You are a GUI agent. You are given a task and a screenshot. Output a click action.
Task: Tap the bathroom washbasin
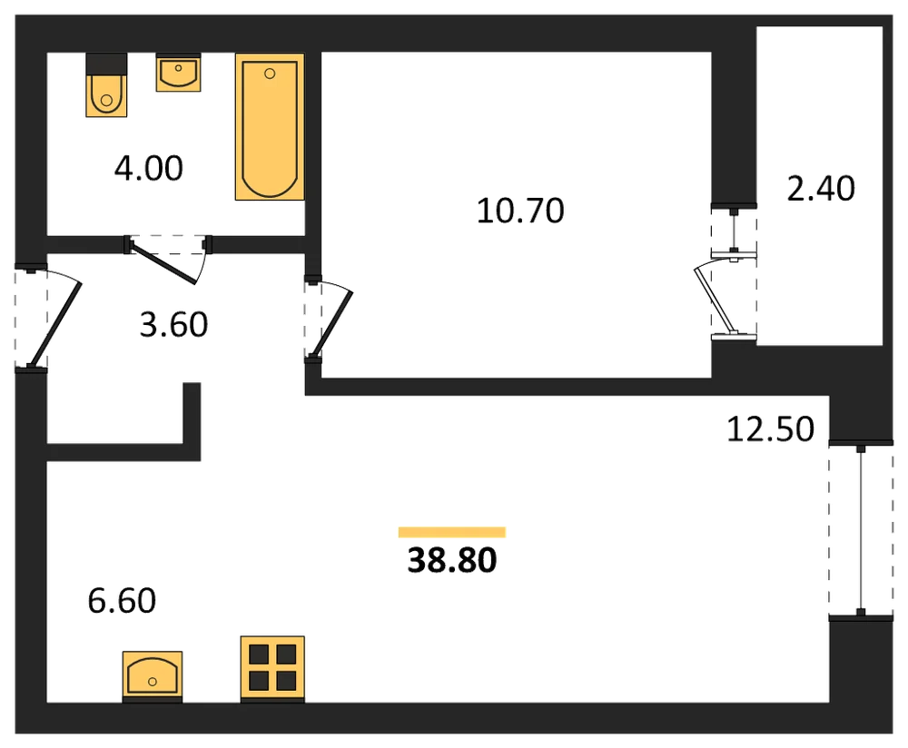(178, 73)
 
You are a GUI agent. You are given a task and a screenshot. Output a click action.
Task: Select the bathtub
(270, 127)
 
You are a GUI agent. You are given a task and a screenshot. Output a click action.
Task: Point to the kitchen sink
(153, 674)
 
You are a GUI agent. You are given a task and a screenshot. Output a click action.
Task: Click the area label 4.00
(149, 169)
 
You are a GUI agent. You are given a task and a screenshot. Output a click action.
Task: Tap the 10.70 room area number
(520, 211)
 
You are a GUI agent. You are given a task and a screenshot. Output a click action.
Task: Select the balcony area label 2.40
(821, 189)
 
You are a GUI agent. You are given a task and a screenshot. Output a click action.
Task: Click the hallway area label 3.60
(173, 325)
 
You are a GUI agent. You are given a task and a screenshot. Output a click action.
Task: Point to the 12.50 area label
(770, 429)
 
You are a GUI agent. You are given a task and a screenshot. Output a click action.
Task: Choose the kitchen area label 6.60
(122, 601)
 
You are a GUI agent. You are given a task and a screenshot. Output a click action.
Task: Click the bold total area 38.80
(452, 560)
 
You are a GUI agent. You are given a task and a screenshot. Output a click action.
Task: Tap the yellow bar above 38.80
(452, 532)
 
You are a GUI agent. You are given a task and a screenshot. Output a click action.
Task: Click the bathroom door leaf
(163, 266)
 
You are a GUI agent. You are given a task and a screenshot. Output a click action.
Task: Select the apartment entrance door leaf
(55, 325)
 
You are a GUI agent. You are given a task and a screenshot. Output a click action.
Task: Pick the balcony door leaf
(715, 301)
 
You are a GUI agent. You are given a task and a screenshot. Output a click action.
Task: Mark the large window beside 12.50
(861, 530)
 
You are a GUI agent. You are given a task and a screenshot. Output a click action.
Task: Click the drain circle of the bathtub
(270, 74)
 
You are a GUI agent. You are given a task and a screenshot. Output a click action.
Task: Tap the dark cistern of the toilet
(106, 64)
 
